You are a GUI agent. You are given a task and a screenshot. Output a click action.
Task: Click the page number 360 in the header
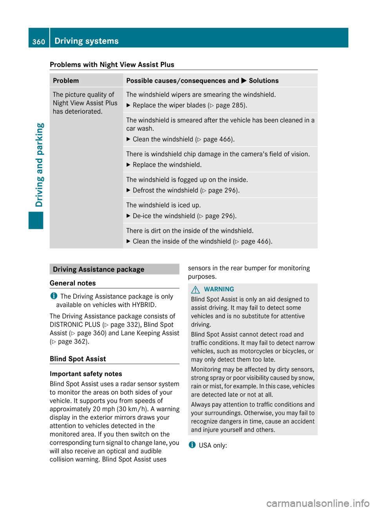39,42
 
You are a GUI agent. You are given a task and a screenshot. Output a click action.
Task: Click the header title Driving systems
87,41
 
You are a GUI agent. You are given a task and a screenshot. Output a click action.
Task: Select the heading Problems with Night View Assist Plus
112,65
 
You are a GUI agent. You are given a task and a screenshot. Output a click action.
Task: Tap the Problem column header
66,81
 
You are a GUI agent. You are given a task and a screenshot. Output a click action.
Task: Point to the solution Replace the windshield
167,165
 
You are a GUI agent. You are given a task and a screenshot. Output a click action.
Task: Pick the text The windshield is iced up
163,205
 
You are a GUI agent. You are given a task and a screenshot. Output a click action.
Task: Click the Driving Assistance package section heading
99,269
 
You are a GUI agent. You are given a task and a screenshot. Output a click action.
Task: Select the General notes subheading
73,283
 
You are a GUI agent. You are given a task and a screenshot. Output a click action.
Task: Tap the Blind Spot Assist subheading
78,359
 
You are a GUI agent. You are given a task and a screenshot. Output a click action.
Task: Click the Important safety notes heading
86,374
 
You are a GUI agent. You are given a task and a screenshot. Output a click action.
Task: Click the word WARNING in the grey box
219,289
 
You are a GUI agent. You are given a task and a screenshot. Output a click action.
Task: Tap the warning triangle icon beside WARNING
195,289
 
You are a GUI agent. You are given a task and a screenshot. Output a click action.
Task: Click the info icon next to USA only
192,445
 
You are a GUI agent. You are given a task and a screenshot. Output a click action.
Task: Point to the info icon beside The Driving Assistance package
54,296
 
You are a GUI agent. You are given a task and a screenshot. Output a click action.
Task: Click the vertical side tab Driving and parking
40,165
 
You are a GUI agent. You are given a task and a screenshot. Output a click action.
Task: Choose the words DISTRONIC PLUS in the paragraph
75,325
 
